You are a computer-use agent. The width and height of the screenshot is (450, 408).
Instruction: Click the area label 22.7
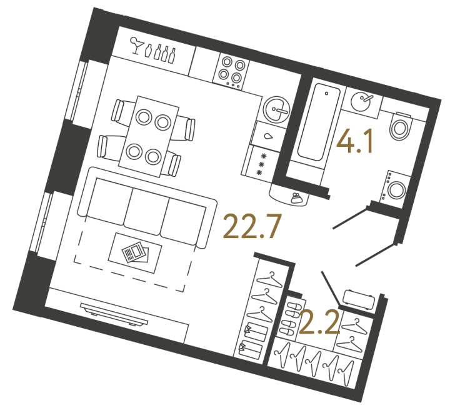pos(251,226)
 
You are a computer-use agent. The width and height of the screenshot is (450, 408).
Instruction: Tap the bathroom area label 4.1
pos(355,141)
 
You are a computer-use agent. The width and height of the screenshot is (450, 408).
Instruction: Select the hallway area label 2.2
pos(319,322)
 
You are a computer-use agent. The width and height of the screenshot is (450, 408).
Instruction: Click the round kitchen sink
pos(277,110)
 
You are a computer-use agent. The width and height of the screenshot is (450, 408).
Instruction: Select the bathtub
pos(319,121)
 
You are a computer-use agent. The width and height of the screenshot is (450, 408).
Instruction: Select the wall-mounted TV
pos(114,314)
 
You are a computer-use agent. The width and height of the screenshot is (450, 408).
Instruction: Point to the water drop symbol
pos(268,136)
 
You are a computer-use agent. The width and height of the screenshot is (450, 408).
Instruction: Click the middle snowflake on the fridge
pos(261,164)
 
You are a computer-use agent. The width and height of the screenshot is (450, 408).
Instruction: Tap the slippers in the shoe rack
pos(289,319)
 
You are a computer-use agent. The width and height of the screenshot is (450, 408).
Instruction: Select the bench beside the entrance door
pos(359,299)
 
